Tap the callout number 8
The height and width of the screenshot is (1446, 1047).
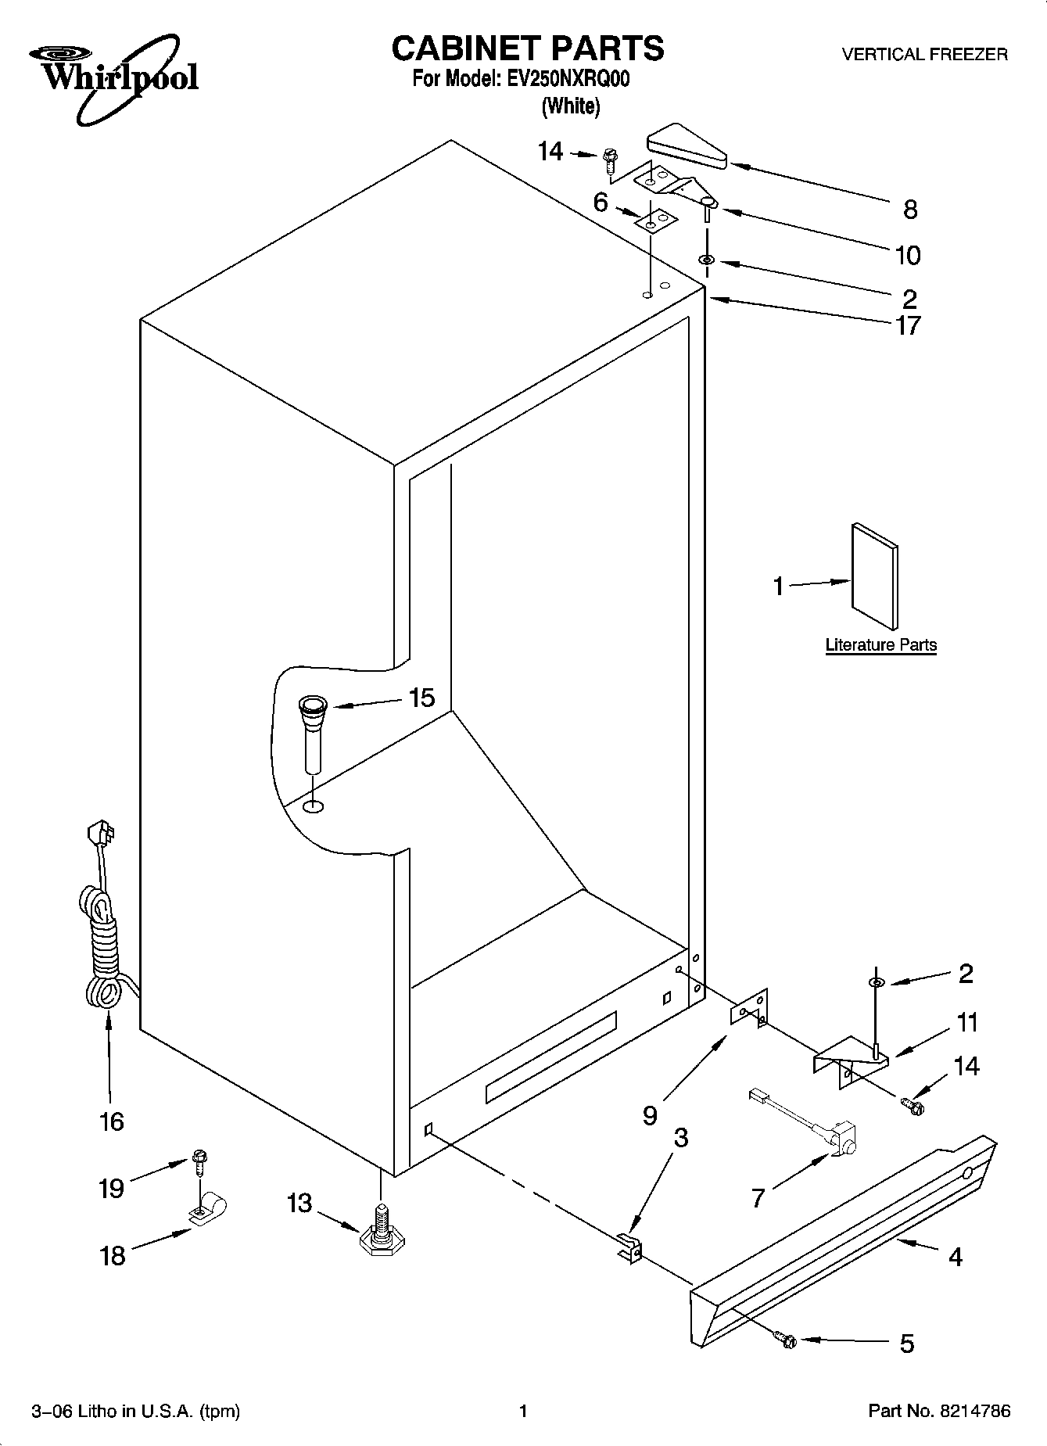[x=909, y=210]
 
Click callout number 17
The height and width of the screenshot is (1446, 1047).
[x=909, y=325]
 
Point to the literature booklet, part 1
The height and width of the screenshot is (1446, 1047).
[x=873, y=576]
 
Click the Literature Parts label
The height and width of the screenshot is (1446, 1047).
[x=880, y=645]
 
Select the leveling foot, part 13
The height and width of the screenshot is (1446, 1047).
[x=379, y=1236]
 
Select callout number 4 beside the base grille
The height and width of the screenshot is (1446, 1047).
[x=955, y=1257]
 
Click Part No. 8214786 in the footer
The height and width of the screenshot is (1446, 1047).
[x=939, y=1412]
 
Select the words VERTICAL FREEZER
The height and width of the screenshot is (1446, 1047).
[x=923, y=55]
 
